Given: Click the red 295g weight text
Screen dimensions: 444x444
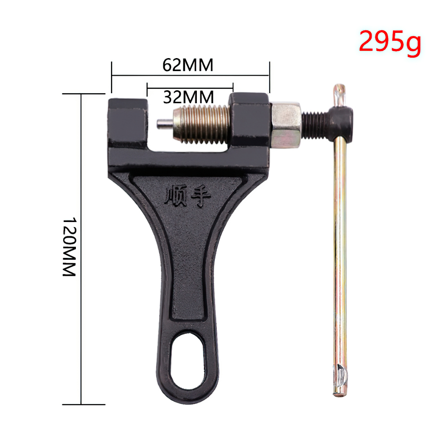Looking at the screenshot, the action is [x=390, y=42].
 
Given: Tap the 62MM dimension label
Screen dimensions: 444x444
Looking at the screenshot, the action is [x=188, y=65].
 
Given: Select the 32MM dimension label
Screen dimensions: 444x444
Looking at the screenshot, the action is [x=188, y=97].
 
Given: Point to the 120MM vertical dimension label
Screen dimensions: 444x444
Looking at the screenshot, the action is [x=69, y=247].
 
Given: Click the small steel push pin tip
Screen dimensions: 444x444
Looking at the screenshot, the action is [x=164, y=124].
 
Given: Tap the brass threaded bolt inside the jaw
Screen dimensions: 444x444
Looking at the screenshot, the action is [x=201, y=124].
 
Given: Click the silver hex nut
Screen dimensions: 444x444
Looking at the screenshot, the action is [x=286, y=125].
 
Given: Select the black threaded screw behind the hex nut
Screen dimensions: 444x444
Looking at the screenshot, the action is [x=314, y=125].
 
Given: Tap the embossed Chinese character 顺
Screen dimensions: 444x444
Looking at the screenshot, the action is [x=176, y=196].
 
